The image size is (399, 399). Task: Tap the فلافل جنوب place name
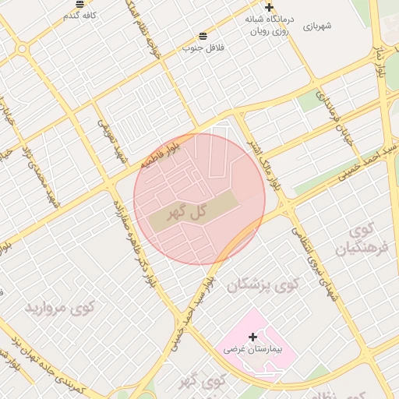pos(203,48)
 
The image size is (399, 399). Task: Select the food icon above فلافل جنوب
pos(203,36)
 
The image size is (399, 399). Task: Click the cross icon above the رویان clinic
pos(269,7)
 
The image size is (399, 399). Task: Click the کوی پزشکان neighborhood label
pos(263,286)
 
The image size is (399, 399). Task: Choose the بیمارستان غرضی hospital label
pos(252,350)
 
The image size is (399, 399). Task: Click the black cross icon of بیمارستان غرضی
pos(252,337)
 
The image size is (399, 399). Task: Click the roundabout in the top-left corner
pos(22,48)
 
